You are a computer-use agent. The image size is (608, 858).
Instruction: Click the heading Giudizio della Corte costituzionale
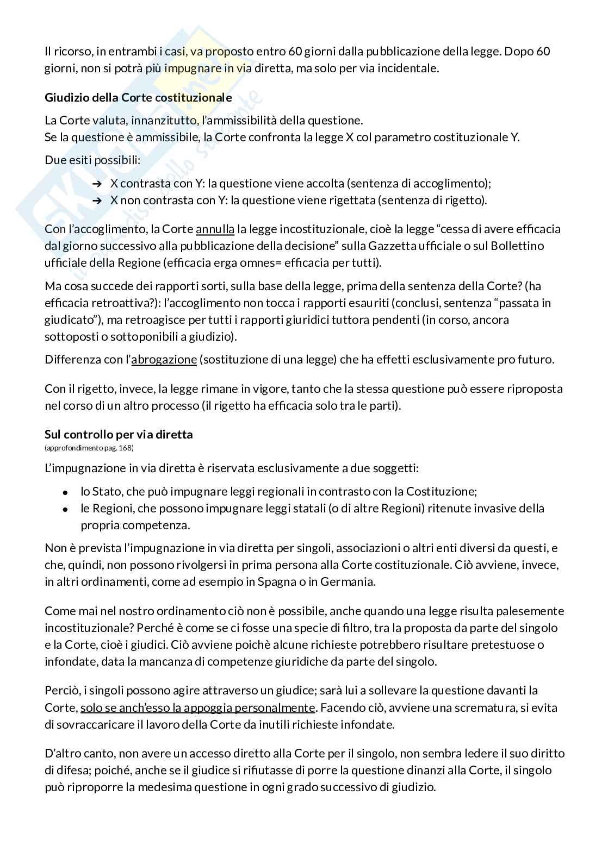pos(138,98)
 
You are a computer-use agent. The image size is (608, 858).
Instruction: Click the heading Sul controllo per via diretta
pos(119,434)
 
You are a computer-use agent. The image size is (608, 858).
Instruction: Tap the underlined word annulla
pos(215,229)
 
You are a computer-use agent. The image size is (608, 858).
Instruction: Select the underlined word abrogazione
pos(164,360)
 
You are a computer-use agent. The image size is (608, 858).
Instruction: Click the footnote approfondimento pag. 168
pos(89,448)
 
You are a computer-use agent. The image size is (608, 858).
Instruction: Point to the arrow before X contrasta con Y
pos(97,184)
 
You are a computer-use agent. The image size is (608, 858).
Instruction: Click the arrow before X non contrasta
pos(97,201)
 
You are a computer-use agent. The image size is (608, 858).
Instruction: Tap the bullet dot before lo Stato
pos(65,492)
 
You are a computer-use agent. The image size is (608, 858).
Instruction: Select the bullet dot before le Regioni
pos(65,509)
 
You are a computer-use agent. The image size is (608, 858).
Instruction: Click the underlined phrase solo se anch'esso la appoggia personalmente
pos(198,708)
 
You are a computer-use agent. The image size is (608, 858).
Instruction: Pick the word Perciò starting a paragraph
pos(61,691)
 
